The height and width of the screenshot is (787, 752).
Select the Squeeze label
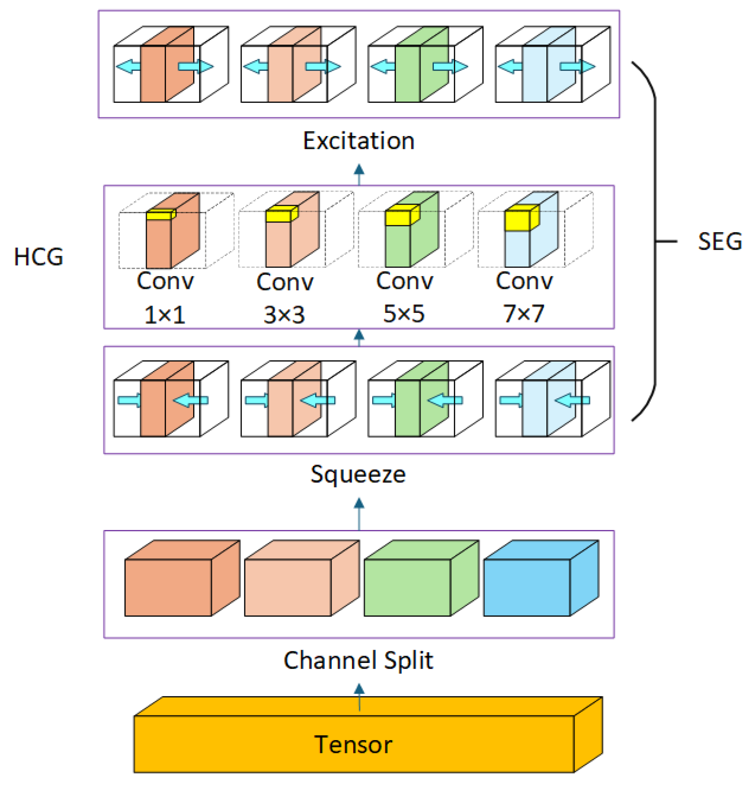(358, 475)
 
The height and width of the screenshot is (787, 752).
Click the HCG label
(38, 257)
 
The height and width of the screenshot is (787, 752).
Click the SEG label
(719, 242)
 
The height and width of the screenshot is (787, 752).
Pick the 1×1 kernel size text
(165, 315)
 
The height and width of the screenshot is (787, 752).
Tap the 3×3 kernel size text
(284, 315)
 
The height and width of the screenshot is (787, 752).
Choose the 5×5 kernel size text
(403, 314)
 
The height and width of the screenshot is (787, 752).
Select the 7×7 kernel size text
(524, 314)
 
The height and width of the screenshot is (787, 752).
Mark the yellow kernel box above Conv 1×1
(161, 215)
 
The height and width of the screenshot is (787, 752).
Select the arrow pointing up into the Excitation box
(359, 173)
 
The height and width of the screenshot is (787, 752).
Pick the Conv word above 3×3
(285, 282)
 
